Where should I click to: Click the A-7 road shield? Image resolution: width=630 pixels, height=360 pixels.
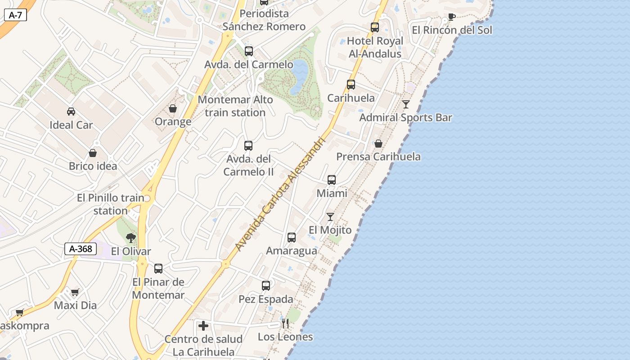coord(15,15)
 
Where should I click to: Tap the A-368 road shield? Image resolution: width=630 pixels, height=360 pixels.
coord(81,249)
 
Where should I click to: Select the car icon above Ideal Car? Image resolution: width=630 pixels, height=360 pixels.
coord(71,112)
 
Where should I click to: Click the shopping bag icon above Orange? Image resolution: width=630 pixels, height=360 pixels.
coord(173,108)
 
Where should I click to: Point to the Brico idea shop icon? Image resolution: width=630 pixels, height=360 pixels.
coord(93,153)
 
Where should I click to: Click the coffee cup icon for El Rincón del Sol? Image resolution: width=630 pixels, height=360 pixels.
coord(451,17)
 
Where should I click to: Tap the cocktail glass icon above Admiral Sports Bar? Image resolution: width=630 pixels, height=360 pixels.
coord(406,104)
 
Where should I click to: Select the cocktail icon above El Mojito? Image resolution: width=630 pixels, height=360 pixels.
coord(330,217)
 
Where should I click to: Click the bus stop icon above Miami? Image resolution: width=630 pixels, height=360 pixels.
coord(332,180)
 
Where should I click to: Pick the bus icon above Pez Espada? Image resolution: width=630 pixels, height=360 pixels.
coord(266,286)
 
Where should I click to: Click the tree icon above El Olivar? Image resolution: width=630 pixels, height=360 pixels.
coord(131,238)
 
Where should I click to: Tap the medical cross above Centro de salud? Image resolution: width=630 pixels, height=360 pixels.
coord(203,325)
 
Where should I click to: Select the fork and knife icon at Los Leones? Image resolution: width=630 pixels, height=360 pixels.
coord(285,324)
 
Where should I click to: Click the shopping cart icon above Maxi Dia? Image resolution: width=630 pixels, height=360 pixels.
coord(75,292)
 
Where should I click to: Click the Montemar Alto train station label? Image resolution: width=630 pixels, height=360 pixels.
coord(235,106)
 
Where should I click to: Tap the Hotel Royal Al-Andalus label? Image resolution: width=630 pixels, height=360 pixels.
coord(375,47)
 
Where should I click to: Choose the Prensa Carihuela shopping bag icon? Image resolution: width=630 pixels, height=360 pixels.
coord(378,144)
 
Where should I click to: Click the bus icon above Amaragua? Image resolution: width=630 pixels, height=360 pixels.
coord(292,238)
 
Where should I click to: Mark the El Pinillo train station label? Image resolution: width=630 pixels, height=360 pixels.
coord(111,204)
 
